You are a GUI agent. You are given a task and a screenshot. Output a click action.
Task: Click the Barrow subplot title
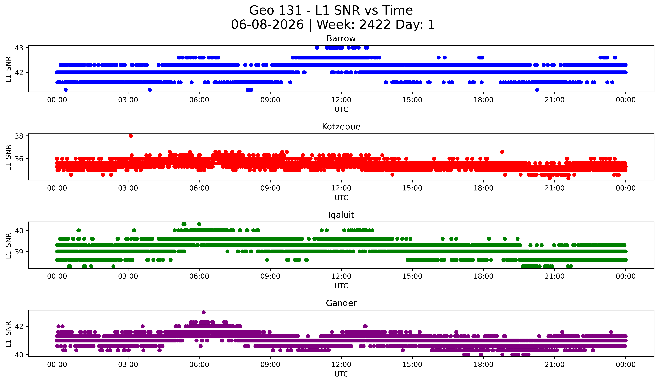pyautogui.click(x=341, y=39)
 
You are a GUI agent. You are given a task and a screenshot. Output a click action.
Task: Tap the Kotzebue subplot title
pyautogui.click(x=341, y=127)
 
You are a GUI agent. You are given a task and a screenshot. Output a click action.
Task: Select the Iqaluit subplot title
pyautogui.click(x=341, y=215)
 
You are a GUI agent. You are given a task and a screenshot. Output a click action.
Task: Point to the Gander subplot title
pyautogui.click(x=341, y=303)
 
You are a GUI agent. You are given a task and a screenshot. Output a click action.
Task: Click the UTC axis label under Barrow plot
pyautogui.click(x=341, y=109)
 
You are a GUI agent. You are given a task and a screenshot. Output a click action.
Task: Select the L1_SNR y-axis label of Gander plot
pyautogui.click(x=8, y=334)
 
